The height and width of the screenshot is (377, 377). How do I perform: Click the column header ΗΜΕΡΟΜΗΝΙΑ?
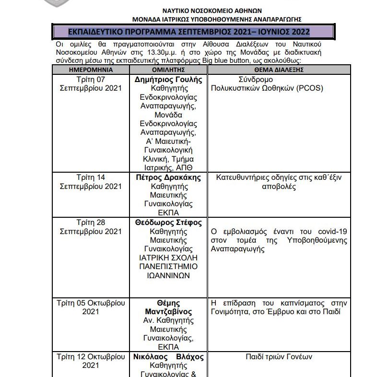click(91, 70)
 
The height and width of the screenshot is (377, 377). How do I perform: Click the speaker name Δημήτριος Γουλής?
click(169, 80)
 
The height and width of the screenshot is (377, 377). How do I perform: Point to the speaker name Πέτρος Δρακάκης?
click(169, 177)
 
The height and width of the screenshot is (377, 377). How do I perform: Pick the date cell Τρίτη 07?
click(91, 80)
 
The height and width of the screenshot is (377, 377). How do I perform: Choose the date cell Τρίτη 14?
click(91, 177)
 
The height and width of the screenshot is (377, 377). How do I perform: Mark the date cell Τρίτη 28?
click(91, 223)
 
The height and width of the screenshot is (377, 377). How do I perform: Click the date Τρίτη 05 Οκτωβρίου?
click(91, 303)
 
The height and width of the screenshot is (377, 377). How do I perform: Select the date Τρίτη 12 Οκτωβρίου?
click(91, 357)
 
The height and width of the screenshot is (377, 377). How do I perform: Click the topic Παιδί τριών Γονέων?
click(279, 357)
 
